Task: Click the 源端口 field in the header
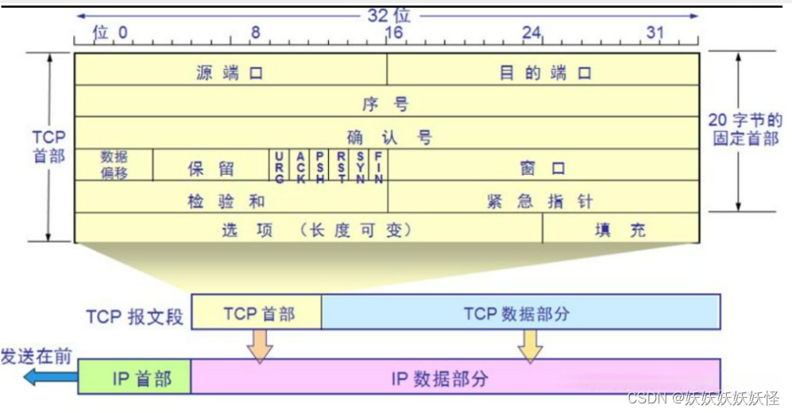230,73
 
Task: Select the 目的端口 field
545,73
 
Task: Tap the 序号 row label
386,104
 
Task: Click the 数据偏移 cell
114,164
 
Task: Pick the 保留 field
211,168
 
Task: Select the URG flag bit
280,167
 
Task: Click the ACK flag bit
300,167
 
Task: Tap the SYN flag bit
360,167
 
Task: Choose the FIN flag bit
379,167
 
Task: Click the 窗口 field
543,168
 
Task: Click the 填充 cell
620,230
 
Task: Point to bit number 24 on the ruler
531,33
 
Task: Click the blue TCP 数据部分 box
520,313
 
